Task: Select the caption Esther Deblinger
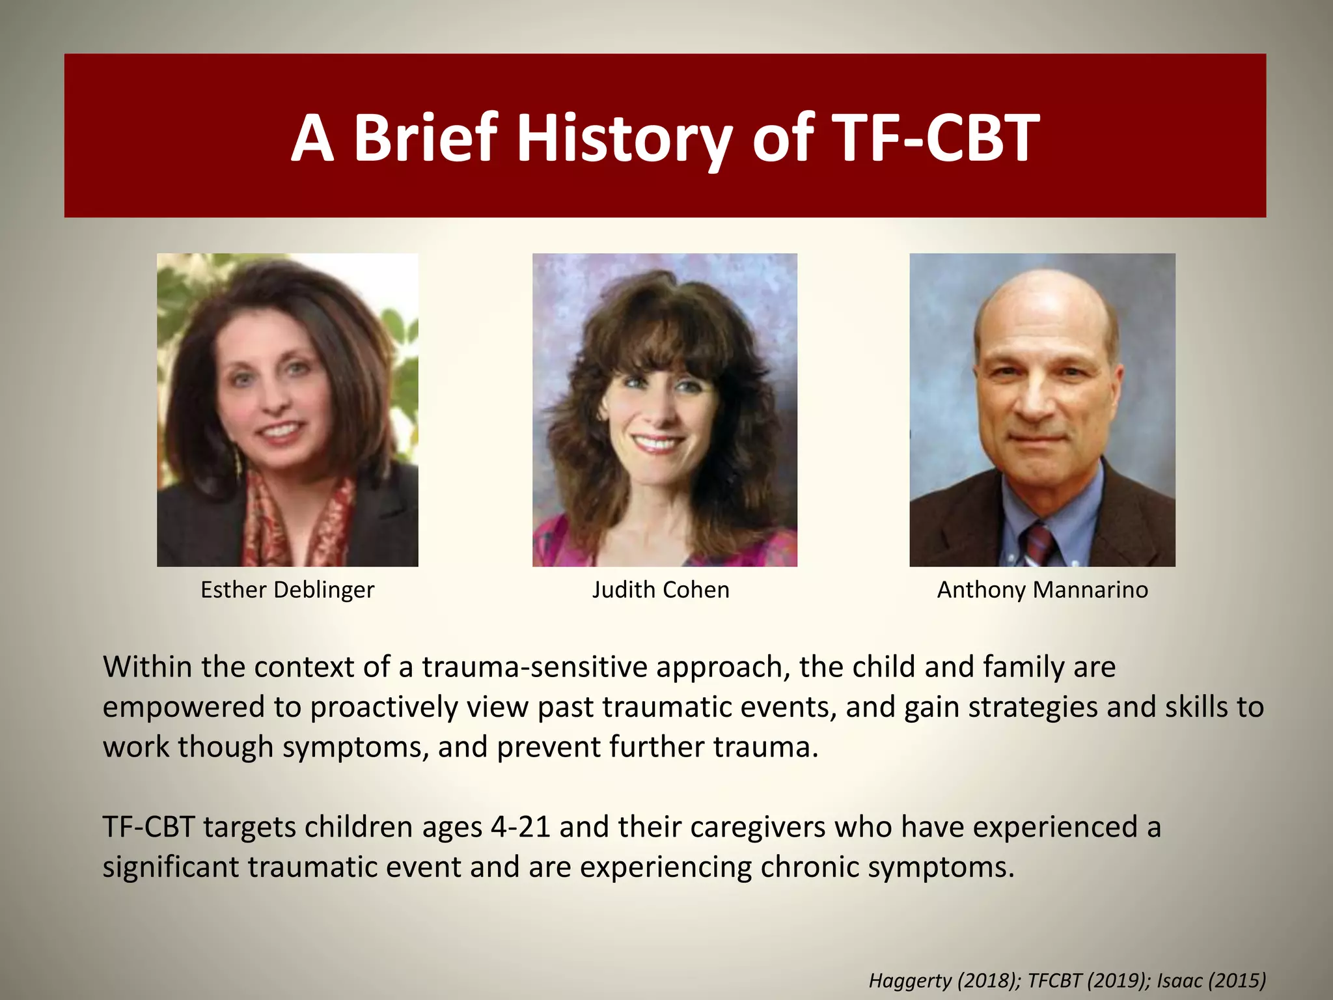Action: (x=287, y=590)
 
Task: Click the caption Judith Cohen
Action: (x=661, y=590)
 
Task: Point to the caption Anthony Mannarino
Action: (x=1042, y=590)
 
